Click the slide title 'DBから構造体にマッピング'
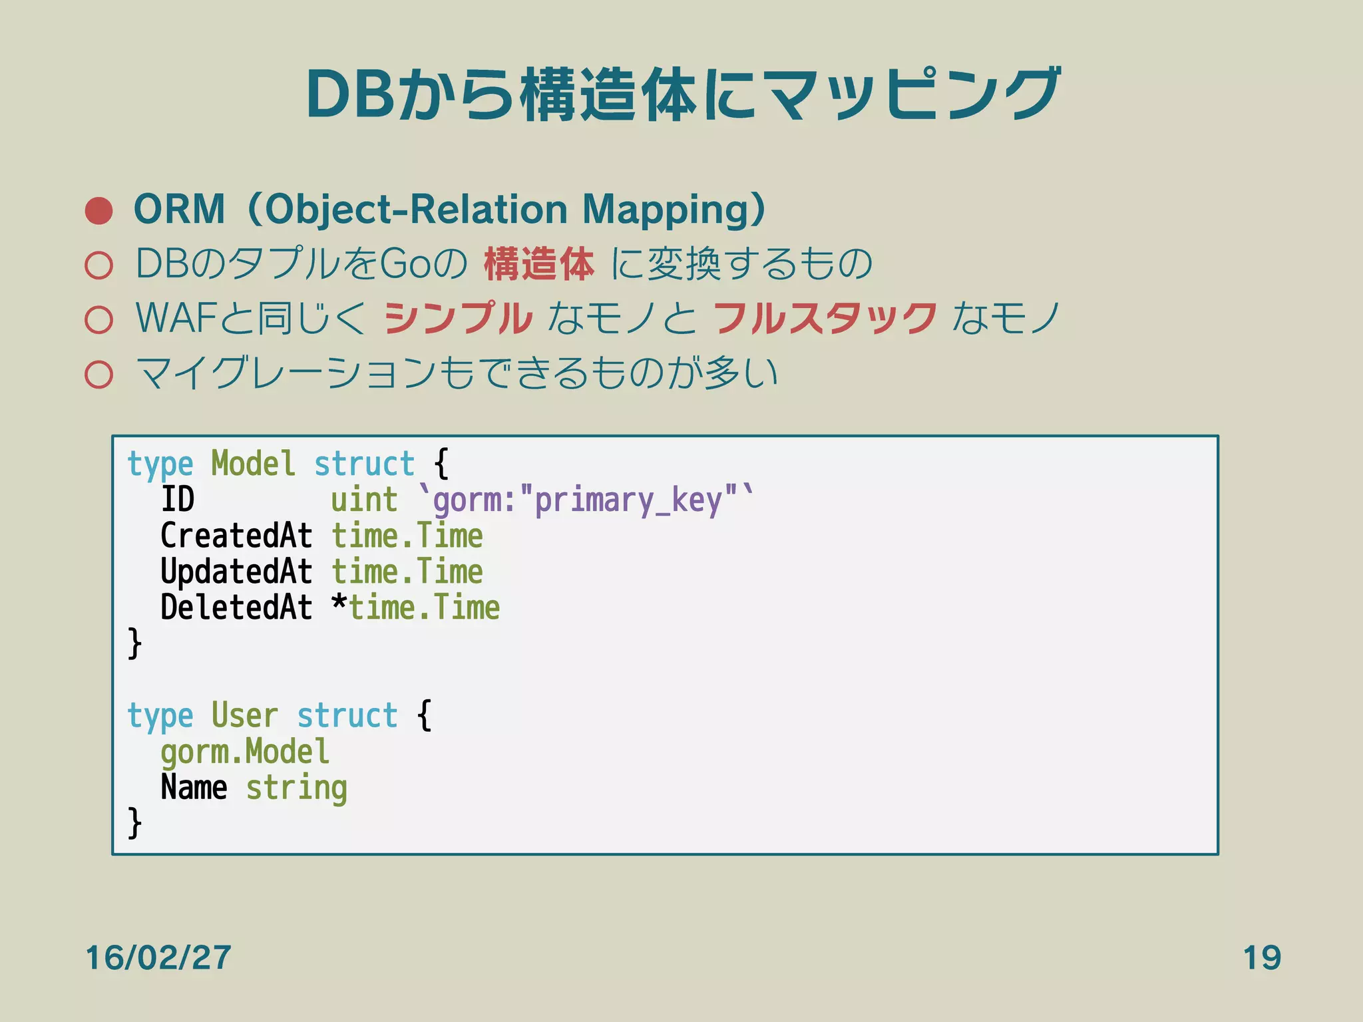683,94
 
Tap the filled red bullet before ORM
99,210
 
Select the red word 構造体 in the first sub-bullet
538,263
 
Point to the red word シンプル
459,318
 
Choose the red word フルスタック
825,318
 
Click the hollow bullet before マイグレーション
99,374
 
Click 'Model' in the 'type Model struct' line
253,464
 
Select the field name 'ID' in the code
178,499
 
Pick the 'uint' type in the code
364,500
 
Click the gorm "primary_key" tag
586,500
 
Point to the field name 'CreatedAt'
236,536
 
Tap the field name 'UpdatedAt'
236,572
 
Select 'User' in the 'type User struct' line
244,716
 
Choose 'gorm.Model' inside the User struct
244,753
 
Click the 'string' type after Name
297,789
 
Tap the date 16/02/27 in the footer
158,958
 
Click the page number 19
1262,958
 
